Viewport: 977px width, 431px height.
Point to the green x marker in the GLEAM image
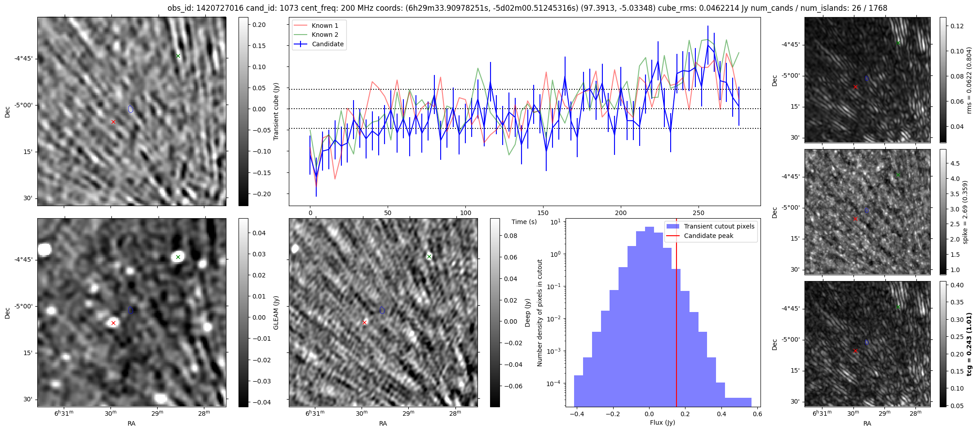pos(178,257)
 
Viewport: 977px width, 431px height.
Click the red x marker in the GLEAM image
pos(113,323)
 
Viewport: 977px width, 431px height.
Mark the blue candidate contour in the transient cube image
pos(131,109)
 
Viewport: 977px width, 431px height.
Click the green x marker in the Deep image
pos(429,256)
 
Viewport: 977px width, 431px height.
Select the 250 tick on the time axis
pos(698,213)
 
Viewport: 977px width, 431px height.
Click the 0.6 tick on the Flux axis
pos(757,414)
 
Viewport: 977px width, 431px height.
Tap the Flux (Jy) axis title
pos(662,422)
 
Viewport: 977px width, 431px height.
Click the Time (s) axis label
pos(524,222)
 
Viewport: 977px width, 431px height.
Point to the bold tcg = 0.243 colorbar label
pos(969,344)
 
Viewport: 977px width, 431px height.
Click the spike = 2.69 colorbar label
pos(965,212)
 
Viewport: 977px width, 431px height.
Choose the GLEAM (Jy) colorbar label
pos(276,313)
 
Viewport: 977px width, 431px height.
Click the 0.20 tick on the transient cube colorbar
pos(259,25)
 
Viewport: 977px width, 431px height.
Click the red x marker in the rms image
pos(855,87)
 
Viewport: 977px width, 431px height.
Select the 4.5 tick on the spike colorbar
pos(956,163)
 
